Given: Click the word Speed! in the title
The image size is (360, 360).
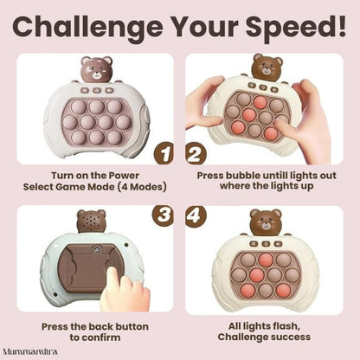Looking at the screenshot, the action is pos(296,27).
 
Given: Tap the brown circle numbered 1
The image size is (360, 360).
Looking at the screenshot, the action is pos(164,154).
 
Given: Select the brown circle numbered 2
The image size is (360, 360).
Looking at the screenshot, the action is pos(196,154).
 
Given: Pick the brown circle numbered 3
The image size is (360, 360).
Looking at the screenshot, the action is pos(164,215).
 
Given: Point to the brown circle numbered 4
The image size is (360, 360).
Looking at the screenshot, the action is pos(196,215).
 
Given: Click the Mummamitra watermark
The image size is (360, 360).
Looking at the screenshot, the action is pos(30,351).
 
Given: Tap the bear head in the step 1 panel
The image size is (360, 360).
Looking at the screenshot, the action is pos(96,69).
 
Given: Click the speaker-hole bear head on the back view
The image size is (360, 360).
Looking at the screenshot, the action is pos(91,221).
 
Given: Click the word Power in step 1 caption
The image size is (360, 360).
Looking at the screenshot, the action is pos(124,176).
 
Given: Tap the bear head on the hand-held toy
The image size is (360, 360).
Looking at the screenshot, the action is pos(267,67).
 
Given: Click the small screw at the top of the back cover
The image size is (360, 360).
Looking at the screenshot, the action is pos(99,247).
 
